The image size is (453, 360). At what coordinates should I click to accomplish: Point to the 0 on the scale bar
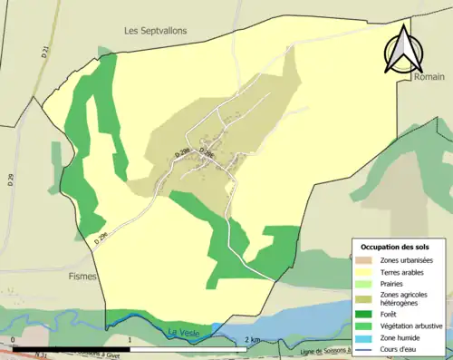tap(13, 340)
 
